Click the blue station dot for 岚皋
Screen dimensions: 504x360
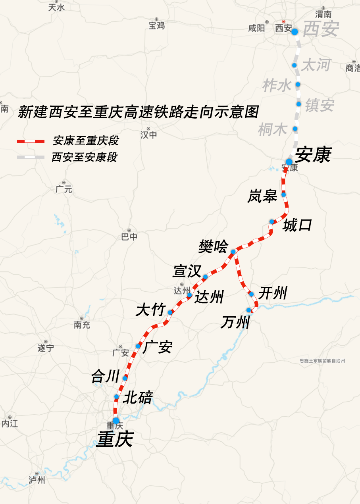tap(284, 195)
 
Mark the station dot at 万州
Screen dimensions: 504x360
tap(249, 310)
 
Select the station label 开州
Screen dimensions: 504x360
tap(272, 294)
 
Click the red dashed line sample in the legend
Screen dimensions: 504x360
tap(31, 141)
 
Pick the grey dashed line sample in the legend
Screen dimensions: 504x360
tap(31, 158)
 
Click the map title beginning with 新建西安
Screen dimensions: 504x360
tap(138, 112)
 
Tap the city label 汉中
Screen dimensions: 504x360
tap(148, 135)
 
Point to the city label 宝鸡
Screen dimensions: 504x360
tap(156, 26)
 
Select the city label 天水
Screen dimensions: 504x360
tap(56, 8)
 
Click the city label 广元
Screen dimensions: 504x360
tap(64, 189)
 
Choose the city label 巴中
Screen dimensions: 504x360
tap(129, 237)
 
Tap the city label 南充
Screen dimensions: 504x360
tap(82, 325)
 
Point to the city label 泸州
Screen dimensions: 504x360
tap(37, 480)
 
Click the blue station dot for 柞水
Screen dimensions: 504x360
tap(298, 84)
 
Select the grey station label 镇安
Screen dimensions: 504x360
tap(320, 106)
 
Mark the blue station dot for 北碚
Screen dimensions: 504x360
tap(117, 396)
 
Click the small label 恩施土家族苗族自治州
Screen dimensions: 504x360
tap(322, 361)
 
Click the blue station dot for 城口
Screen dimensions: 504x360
tap(271, 221)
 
